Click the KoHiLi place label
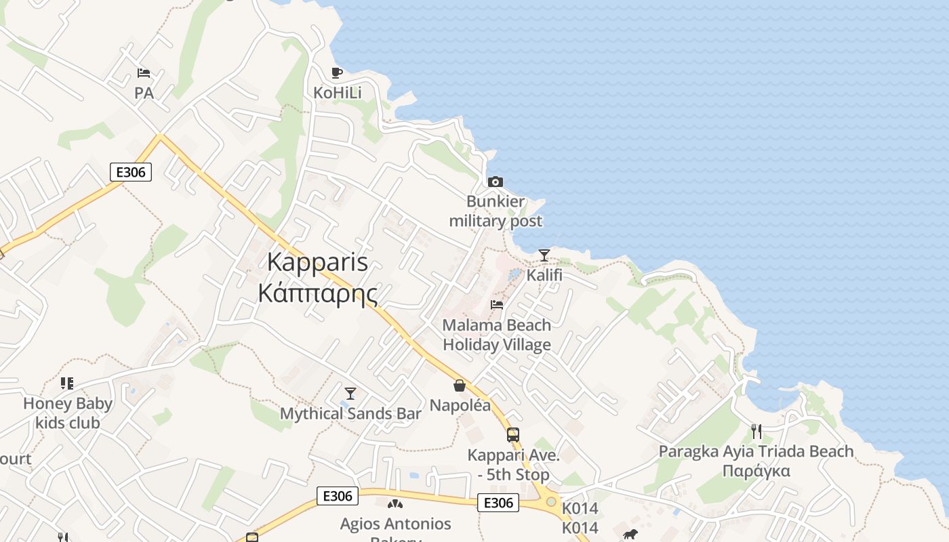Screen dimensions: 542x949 click(x=338, y=92)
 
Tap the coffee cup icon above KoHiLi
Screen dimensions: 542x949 click(x=337, y=72)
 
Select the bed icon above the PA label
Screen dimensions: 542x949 click(x=144, y=72)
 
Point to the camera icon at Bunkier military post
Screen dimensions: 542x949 click(x=496, y=182)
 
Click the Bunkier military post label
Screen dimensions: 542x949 click(x=496, y=211)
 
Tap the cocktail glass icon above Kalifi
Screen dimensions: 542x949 click(x=544, y=255)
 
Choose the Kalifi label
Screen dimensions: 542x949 click(x=544, y=276)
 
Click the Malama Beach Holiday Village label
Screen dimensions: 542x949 click(x=497, y=335)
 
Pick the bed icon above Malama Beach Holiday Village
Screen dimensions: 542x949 click(x=497, y=305)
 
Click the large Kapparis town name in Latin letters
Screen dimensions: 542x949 click(x=318, y=262)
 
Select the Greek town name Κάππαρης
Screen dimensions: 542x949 click(x=318, y=293)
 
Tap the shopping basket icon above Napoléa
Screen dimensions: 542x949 click(x=460, y=385)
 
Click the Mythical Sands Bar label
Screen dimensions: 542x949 click(x=350, y=413)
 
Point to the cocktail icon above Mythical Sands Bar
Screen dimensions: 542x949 click(x=350, y=394)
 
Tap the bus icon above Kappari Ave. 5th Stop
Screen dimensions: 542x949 click(x=513, y=435)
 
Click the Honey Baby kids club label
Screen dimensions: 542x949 click(x=68, y=413)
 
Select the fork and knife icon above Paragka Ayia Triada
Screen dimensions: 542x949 click(x=756, y=431)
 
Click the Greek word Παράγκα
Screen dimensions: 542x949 click(x=756, y=471)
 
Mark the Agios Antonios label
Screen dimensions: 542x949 click(x=395, y=524)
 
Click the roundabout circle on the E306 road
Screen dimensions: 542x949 click(x=551, y=502)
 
